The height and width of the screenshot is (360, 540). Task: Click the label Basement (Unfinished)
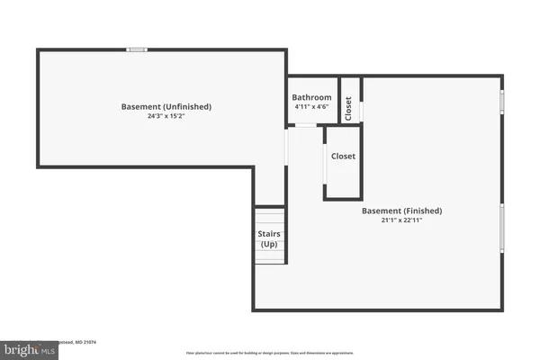point(166,106)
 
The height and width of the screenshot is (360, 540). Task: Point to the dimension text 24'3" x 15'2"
point(166,116)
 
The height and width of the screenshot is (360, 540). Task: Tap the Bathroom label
point(312,97)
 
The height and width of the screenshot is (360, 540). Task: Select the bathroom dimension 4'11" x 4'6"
point(312,107)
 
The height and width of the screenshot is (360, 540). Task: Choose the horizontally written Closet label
point(343,156)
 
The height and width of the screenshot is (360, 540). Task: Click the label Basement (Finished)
point(402,211)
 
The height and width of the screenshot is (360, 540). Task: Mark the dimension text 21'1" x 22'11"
point(402,220)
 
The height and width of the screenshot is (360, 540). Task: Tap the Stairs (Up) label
point(269,239)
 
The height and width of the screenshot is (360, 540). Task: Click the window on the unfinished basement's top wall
point(137,49)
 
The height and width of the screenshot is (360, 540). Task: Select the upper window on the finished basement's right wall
point(503,103)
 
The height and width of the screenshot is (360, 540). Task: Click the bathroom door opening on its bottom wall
point(307,125)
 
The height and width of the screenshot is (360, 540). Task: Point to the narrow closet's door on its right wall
point(362,110)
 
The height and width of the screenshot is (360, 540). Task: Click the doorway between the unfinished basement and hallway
point(285,149)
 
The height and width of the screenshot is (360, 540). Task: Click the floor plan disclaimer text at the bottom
point(270,352)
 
